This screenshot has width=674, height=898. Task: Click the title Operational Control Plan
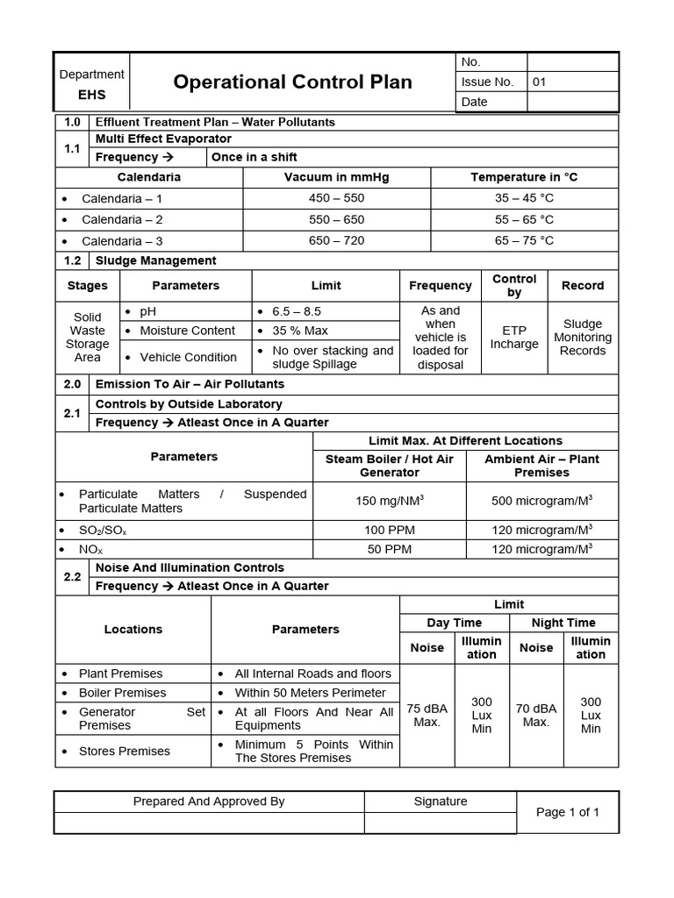(292, 82)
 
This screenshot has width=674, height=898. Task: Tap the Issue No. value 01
(540, 82)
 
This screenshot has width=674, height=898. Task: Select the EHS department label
(91, 94)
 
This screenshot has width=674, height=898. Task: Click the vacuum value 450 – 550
(336, 198)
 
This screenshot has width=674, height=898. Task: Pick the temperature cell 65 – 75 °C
(524, 240)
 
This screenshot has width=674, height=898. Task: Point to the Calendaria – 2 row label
(122, 219)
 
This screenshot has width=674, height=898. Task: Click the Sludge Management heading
(155, 260)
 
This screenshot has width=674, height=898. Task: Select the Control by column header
(514, 285)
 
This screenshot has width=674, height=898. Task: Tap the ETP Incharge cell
(514, 337)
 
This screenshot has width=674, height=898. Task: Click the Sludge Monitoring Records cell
(583, 337)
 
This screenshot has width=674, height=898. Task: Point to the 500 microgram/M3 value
(541, 501)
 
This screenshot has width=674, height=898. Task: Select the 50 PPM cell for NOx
(390, 549)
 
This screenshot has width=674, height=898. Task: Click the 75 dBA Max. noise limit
(427, 715)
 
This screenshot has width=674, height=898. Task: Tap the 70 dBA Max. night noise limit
(535, 715)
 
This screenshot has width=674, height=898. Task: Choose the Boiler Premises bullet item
(122, 693)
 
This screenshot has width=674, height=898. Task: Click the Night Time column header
(563, 623)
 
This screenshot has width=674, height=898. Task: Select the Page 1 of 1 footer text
(568, 812)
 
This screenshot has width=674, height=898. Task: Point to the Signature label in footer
(441, 801)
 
